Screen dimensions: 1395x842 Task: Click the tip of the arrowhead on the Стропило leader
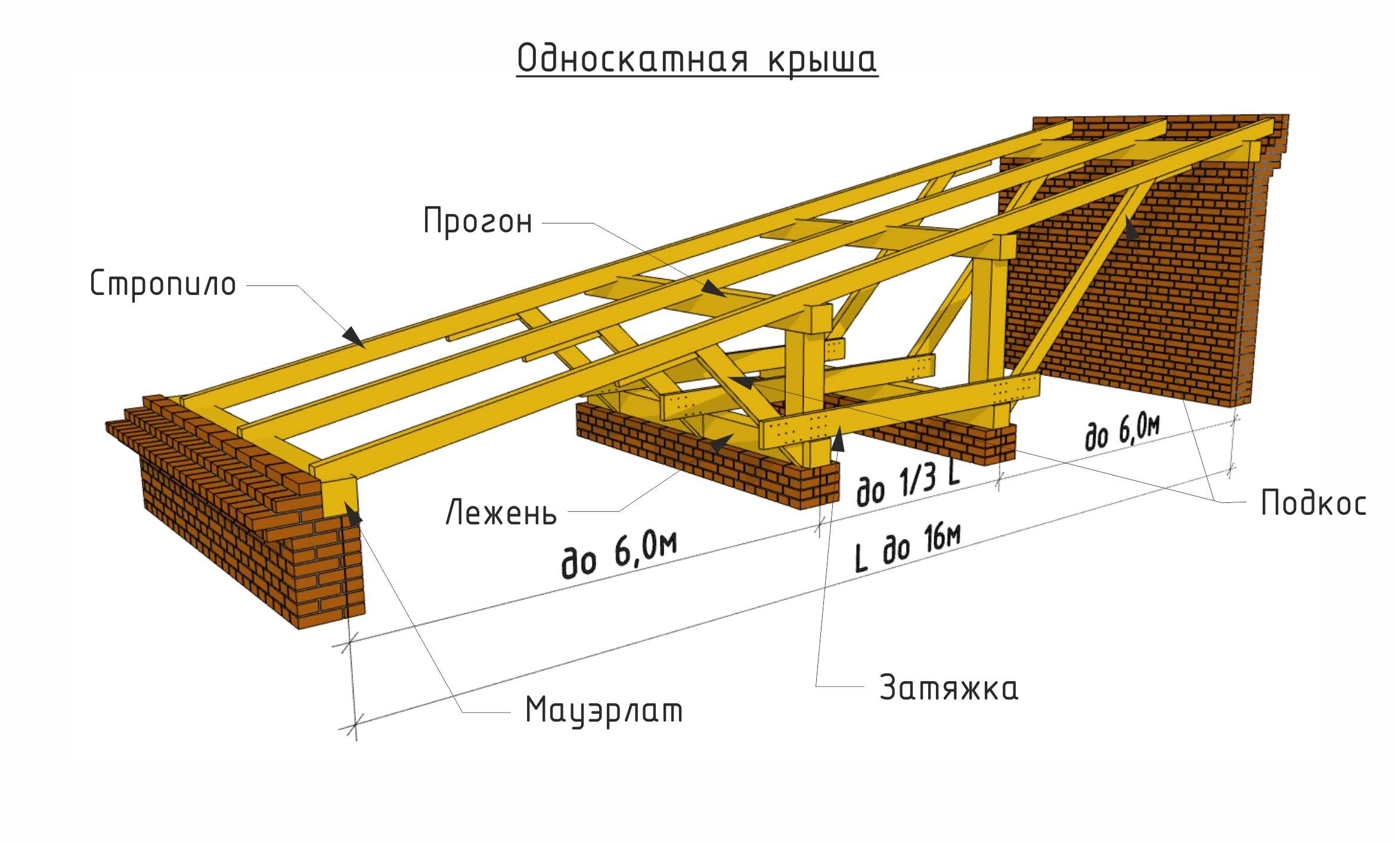(x=364, y=347)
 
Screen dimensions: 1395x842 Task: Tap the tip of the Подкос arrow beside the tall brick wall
(x=1127, y=216)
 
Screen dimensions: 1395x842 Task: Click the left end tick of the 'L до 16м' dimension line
(x=355, y=726)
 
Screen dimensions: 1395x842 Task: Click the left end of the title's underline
(x=517, y=76)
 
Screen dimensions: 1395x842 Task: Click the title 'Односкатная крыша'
(x=697, y=59)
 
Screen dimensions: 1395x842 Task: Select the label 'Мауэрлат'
(x=604, y=710)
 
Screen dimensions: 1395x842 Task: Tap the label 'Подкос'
(x=1313, y=502)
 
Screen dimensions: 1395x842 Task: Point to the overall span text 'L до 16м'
(x=907, y=548)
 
